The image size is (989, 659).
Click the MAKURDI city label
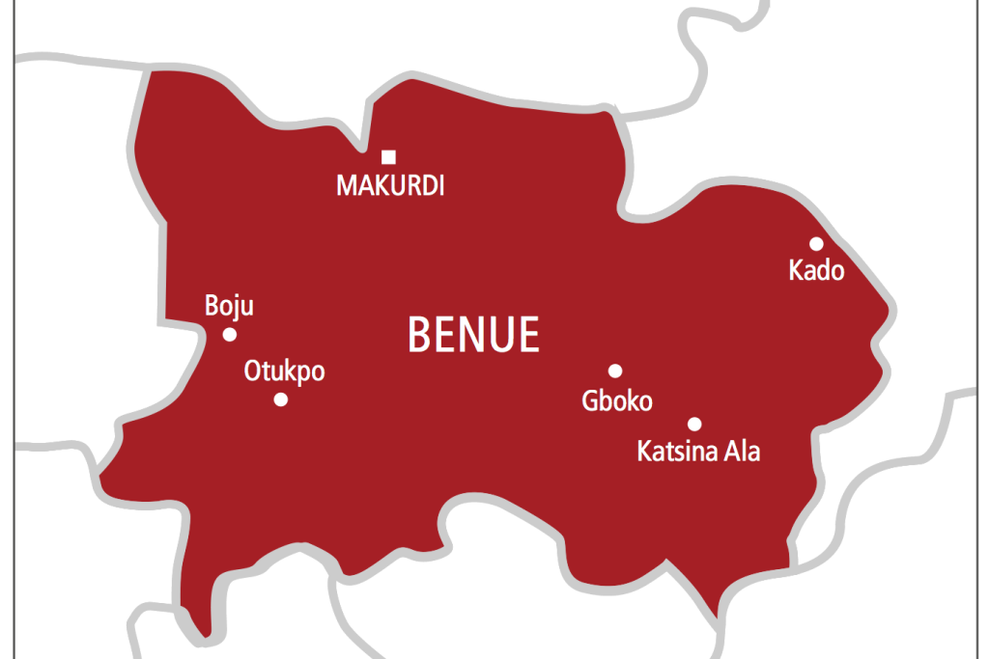pos(390,186)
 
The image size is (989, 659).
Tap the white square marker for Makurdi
pos(388,157)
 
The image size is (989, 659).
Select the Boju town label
pos(229,307)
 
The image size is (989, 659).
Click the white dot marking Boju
pos(230,335)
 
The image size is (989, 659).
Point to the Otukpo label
pos(284,371)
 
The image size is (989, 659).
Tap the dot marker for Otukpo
pos(281,399)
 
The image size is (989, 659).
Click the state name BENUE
pos(473,335)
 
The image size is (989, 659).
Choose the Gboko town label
pos(617,400)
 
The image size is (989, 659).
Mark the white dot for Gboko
pos(615,371)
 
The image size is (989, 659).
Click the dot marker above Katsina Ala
pos(694,424)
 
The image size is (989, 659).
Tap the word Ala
pos(742,451)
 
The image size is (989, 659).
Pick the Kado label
pos(816,270)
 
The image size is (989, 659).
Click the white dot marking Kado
pos(816,243)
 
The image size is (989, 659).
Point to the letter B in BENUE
pos(419,335)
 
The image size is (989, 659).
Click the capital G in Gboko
pos(590,400)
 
